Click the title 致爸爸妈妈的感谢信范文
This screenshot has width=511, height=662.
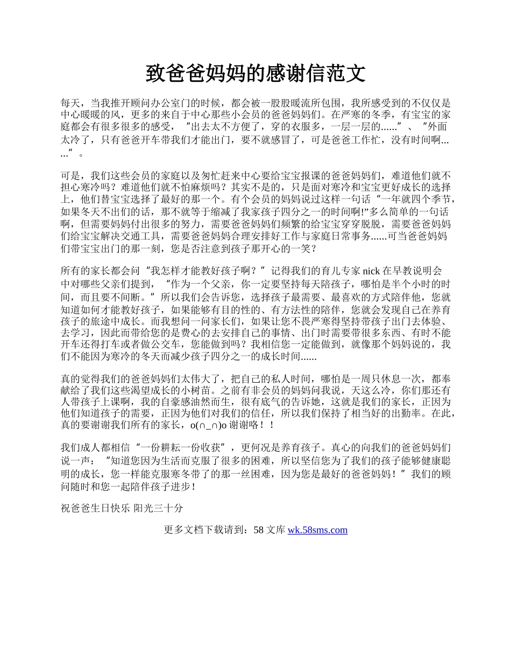click(256, 73)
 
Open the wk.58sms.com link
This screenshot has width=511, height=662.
click(317, 530)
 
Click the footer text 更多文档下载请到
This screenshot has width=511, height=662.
click(205, 530)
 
